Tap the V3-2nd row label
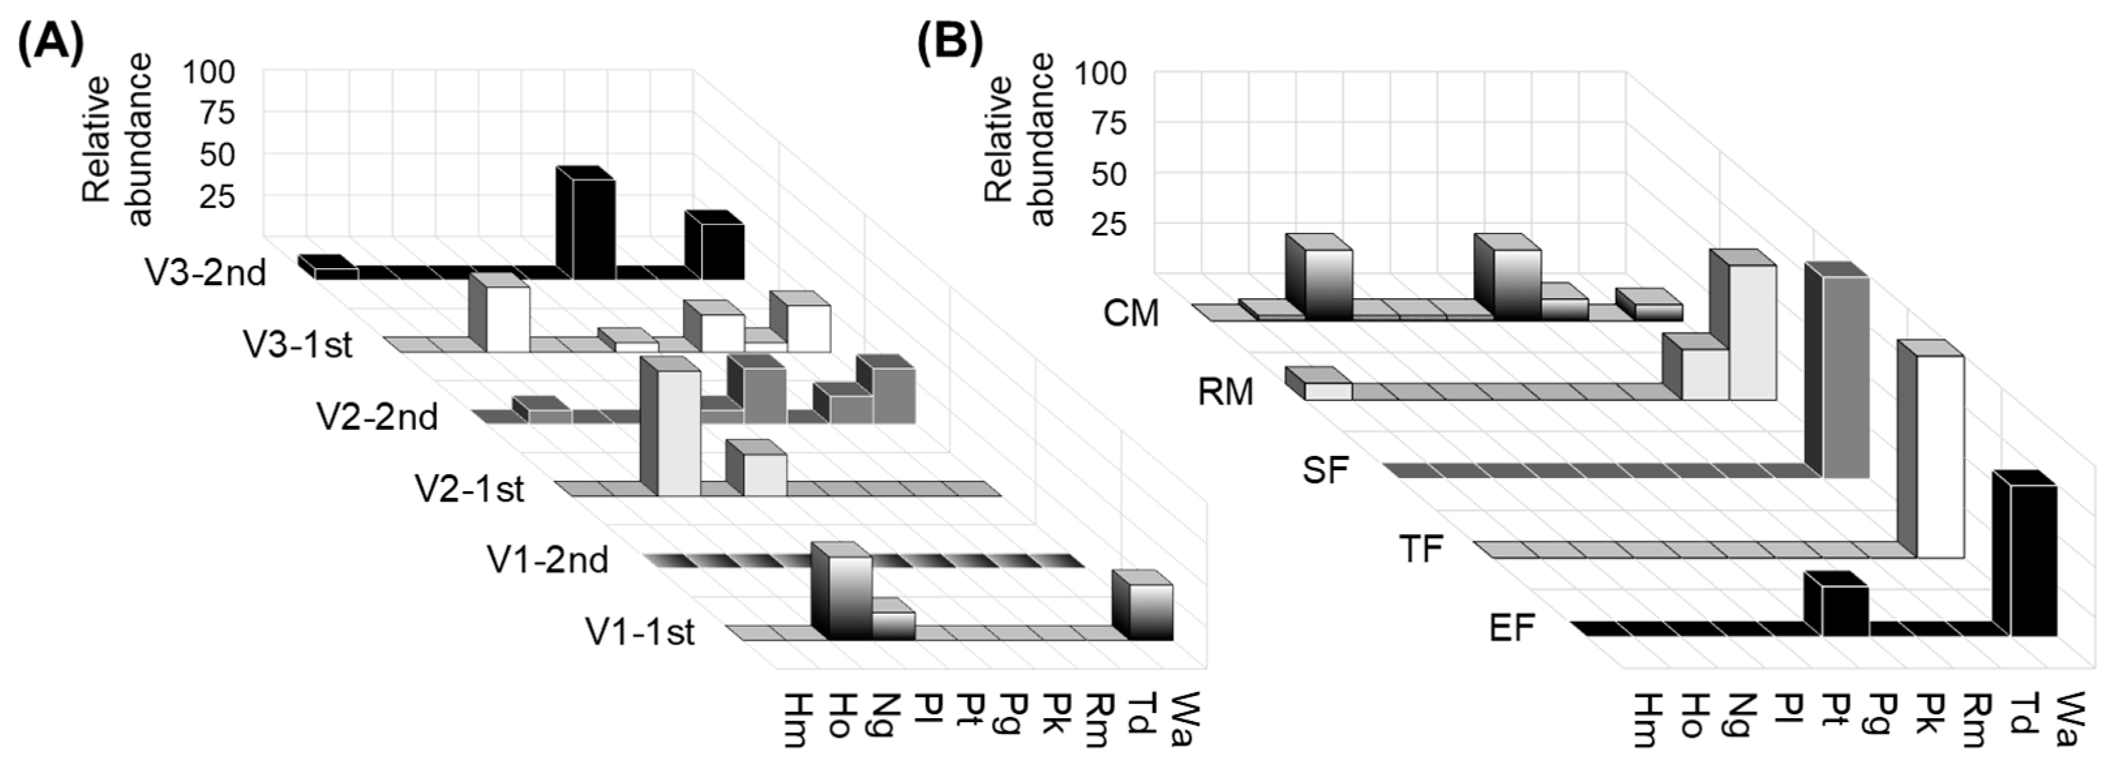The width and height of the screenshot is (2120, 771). [206, 273]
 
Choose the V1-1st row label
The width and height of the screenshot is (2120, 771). [640, 632]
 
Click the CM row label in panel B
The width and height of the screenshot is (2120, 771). [1131, 314]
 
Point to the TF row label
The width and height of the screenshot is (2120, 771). [1422, 549]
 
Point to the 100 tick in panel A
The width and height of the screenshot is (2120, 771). [208, 72]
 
